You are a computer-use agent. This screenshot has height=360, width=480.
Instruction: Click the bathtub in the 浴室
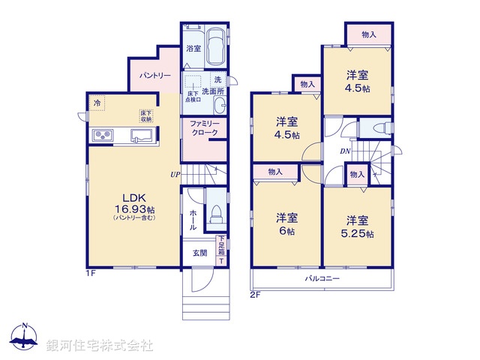[x=215, y=47]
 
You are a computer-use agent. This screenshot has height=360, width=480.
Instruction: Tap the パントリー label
[x=155, y=76]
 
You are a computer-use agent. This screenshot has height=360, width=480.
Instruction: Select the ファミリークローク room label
[x=204, y=127]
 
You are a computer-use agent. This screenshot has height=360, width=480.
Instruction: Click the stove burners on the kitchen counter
[x=102, y=135]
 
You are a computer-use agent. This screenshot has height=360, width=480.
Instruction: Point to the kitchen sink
[x=141, y=136]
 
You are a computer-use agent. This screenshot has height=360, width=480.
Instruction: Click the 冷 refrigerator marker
[x=97, y=102]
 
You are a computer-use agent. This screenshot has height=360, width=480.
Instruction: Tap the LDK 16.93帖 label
[x=135, y=203]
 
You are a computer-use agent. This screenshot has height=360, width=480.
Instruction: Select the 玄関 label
[x=200, y=253]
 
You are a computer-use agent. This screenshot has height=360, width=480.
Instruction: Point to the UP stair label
[x=174, y=175]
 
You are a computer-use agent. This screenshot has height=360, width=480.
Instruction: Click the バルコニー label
[x=322, y=278]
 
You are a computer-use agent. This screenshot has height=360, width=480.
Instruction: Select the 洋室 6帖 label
[x=286, y=224]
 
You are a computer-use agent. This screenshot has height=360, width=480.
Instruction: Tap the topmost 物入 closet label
[x=368, y=34]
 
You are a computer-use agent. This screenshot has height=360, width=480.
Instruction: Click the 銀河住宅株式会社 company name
[x=100, y=345]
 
